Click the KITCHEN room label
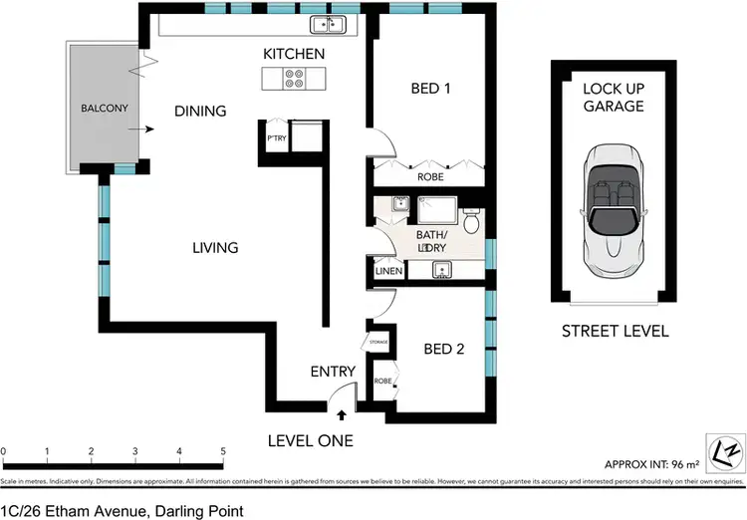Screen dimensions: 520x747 point(294,53)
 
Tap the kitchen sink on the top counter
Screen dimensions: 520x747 point(326,25)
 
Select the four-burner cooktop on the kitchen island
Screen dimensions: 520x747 point(294,79)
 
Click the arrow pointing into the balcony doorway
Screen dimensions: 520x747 point(146,129)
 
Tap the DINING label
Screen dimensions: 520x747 point(200,112)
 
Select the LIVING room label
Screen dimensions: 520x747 point(215,247)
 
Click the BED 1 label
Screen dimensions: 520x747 point(431,89)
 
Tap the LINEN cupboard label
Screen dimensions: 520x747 point(388,271)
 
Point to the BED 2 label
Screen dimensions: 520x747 point(442,349)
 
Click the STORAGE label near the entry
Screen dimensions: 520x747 point(378,342)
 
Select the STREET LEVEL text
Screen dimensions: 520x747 point(615,332)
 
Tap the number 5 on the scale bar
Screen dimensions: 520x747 point(223,451)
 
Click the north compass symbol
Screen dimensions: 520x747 point(726,447)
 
